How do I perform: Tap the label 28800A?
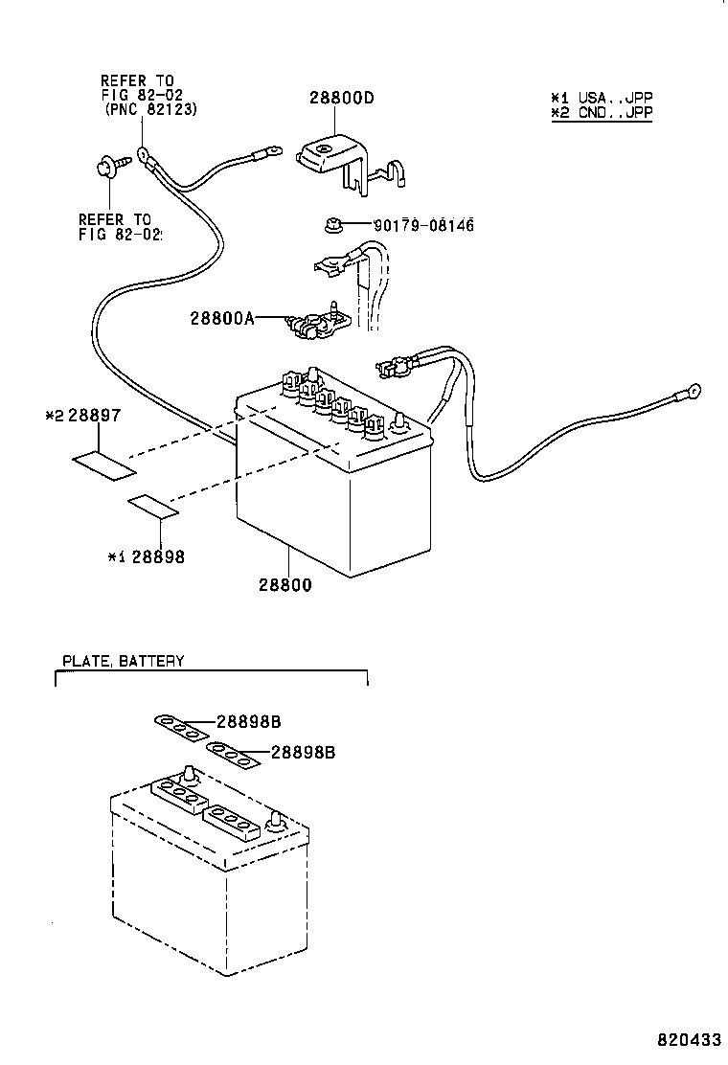pos(222,318)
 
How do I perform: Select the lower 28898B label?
pos(303,753)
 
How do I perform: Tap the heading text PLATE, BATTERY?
pos(123,661)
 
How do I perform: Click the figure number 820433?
pos(688,1039)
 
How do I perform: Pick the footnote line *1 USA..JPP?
pos(602,98)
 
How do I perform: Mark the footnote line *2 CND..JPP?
pos(602,112)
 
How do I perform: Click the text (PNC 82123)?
pos(150,111)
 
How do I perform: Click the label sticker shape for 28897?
pos(104,466)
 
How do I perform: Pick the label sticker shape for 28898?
pos(153,507)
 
